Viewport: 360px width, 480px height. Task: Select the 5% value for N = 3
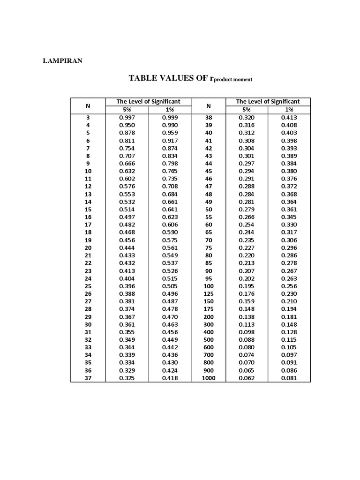tap(127, 118)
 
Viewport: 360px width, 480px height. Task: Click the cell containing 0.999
tap(170, 118)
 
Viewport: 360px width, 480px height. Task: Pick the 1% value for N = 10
tap(170, 171)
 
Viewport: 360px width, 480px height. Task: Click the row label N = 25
tap(88, 286)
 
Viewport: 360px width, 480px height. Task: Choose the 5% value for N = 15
tap(127, 210)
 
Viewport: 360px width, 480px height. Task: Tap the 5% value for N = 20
tap(127, 247)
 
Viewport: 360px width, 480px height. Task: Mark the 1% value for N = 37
tap(170, 378)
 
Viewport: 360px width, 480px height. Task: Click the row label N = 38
tap(209, 118)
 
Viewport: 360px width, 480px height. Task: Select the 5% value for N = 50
tap(247, 210)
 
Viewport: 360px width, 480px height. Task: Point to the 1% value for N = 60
tap(289, 225)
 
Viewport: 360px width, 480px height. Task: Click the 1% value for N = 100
tap(289, 286)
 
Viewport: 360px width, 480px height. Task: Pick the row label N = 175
tap(209, 309)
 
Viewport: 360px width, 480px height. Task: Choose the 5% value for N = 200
tap(247, 316)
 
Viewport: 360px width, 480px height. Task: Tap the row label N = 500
tap(209, 339)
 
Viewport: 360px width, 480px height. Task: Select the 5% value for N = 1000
tap(247, 378)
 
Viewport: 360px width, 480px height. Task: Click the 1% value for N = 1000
tap(289, 378)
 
